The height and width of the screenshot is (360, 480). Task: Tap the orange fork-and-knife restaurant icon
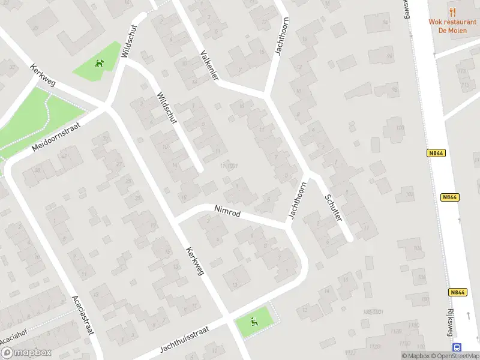point(452,11)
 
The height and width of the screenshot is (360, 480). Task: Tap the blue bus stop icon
point(457,347)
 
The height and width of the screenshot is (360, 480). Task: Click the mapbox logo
point(26,353)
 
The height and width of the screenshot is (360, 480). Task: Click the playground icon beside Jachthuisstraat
point(254,323)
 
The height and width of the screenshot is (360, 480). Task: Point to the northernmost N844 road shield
point(437,154)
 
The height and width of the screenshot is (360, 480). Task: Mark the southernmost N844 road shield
point(457,292)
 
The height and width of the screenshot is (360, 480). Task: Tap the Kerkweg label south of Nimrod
point(195,262)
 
